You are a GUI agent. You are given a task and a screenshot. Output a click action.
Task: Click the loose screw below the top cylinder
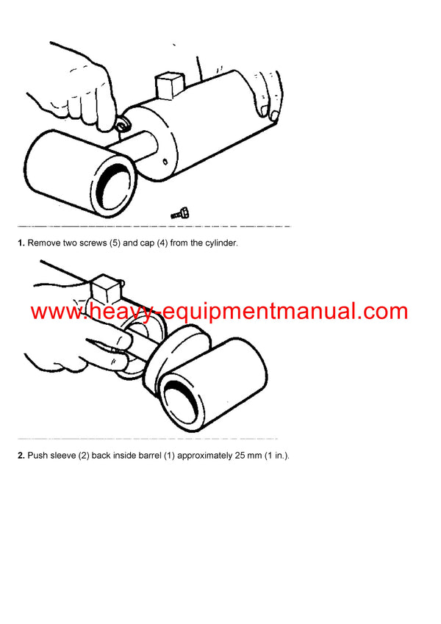(x=180, y=213)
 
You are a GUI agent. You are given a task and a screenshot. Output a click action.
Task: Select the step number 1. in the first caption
(x=21, y=243)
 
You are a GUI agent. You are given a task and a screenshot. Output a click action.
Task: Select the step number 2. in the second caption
(x=21, y=456)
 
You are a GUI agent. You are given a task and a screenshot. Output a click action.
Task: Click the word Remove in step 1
(x=44, y=243)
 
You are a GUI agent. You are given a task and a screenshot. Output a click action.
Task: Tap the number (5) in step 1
(x=116, y=243)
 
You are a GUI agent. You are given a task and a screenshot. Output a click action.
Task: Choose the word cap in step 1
(x=144, y=243)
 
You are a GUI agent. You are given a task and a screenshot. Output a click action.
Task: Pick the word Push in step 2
(x=37, y=456)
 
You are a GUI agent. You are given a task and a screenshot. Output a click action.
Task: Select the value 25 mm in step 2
(x=233, y=456)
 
